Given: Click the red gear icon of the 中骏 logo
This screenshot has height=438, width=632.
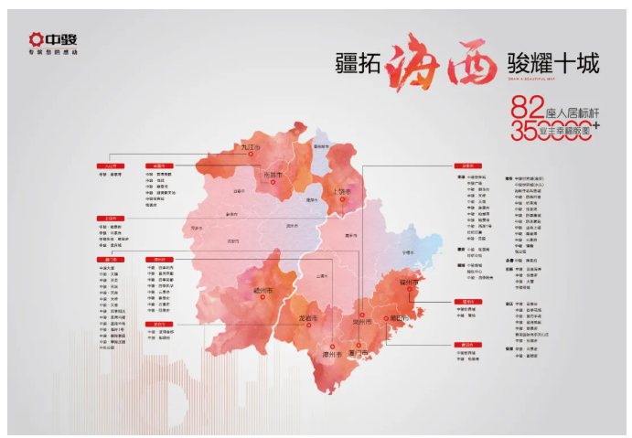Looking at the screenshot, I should click(x=35, y=39).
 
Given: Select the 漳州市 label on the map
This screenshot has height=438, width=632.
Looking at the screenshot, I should click(x=330, y=353).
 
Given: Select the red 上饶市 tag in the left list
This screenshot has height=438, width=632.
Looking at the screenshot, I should click(x=110, y=219).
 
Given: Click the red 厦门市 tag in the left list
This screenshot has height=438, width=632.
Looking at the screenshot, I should click(x=110, y=260).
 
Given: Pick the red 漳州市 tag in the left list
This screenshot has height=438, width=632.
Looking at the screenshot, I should click(x=159, y=260).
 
